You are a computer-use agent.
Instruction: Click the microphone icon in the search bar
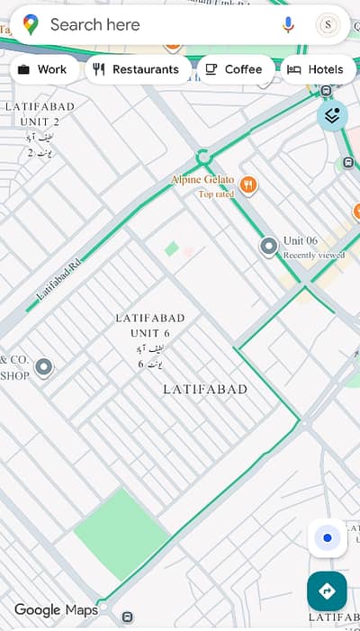click(288, 25)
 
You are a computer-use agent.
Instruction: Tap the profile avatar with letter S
click(328, 25)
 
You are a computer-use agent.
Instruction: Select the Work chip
click(42, 69)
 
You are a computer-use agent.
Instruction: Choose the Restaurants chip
click(137, 69)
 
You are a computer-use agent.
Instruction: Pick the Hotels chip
click(315, 69)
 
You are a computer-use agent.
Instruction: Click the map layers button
click(332, 115)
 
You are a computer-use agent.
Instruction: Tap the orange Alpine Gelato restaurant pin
click(248, 186)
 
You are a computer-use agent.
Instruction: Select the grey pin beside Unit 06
click(268, 246)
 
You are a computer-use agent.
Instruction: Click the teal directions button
click(327, 591)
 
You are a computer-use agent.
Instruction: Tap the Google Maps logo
click(56, 610)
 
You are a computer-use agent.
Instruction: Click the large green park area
click(121, 533)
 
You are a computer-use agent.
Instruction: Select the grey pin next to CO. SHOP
click(43, 366)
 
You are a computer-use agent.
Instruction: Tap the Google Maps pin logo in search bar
click(31, 25)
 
